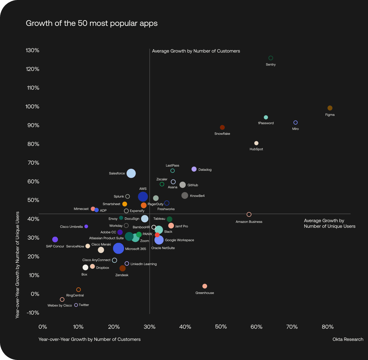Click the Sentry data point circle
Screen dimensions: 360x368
pos(271,58)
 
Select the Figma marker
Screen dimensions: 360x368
pos(330,108)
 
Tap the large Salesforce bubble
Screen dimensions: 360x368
pos(131,173)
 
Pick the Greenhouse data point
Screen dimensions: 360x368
pos(205,286)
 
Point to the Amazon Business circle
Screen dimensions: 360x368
pos(249,214)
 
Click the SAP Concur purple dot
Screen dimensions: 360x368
pos(55,239)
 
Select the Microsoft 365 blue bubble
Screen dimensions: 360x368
pos(119,248)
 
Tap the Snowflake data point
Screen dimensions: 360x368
pos(222,127)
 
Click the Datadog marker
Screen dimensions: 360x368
pos(194,169)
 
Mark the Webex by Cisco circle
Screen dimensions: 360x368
pos(62,300)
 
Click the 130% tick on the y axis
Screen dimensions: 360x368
pos(33,50)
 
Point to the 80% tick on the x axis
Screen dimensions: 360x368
pos(328,327)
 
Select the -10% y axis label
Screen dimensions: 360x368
pos(33,313)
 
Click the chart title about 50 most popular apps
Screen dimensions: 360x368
pos(92,23)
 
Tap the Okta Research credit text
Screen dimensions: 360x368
pos(348,339)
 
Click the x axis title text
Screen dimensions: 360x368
pos(89,339)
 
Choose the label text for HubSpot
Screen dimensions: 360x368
pos(256,149)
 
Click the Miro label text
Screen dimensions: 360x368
pos(295,129)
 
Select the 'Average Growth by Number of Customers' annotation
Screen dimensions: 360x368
pos(196,51)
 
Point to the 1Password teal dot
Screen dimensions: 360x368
pos(266,117)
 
